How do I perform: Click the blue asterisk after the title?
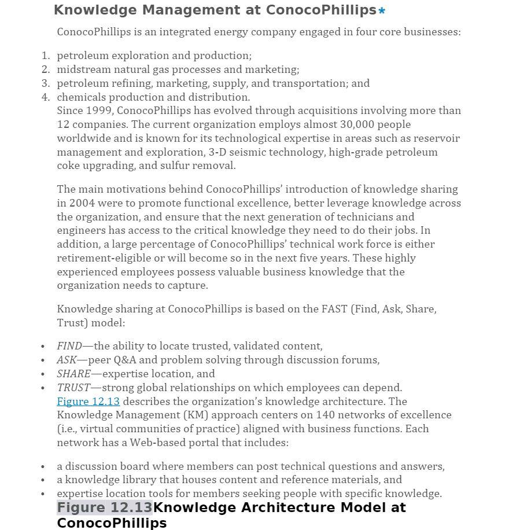(382, 11)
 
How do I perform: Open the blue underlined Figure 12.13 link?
(88, 402)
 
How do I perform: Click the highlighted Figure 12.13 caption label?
(104, 508)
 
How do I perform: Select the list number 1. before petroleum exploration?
(46, 56)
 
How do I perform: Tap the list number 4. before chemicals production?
(46, 97)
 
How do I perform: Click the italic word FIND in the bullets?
(69, 346)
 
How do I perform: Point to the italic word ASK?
(67, 360)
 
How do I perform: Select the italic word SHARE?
(73, 374)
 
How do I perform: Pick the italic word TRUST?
(73, 388)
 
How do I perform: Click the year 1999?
(98, 111)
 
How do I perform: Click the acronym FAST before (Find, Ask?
(334, 309)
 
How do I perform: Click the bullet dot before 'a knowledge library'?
(43, 480)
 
